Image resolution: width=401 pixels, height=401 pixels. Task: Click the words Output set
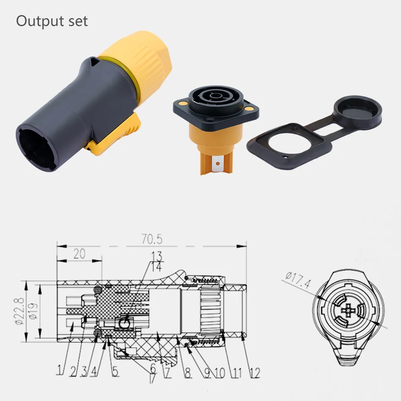click(52, 21)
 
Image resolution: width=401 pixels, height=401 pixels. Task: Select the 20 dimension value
click(79, 254)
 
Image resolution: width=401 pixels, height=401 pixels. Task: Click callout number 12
click(254, 372)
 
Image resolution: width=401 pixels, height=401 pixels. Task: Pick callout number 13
click(157, 256)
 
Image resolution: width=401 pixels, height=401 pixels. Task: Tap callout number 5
click(115, 371)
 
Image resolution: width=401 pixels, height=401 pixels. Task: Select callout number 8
click(187, 372)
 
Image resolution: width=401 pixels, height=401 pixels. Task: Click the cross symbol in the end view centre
click(350, 311)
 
